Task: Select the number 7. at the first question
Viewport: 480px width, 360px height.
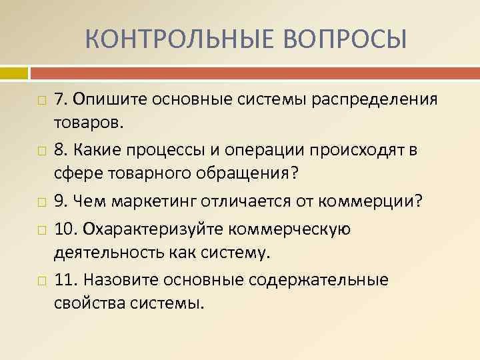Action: (x=62, y=99)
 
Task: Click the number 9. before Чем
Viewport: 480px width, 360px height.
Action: (x=62, y=201)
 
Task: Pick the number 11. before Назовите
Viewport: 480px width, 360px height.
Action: (x=66, y=280)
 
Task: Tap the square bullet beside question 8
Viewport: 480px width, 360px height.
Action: (x=42, y=151)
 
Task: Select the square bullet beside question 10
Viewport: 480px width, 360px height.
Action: (x=42, y=229)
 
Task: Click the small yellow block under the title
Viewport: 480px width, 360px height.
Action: (x=14, y=71)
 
